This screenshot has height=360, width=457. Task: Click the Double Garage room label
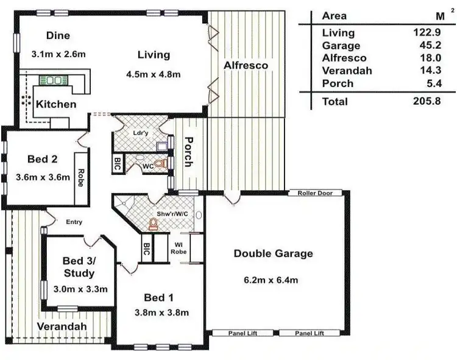point(273,253)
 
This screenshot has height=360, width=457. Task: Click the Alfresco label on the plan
point(246,65)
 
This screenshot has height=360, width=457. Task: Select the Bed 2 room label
point(43,160)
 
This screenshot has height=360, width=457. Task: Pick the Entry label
point(74,222)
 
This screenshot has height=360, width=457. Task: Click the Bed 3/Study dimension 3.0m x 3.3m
point(80,289)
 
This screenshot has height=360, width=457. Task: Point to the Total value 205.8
point(425,102)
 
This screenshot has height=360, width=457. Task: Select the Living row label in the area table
point(338,33)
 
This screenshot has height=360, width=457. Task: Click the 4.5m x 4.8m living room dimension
point(154,75)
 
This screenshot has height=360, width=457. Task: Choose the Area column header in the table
point(335,16)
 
